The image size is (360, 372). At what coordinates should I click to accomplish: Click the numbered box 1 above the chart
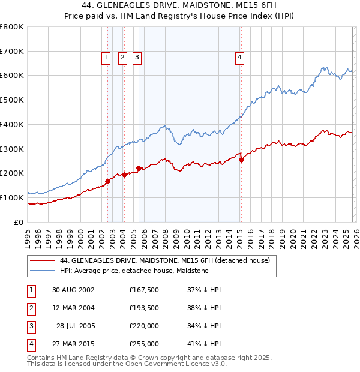click(x=106, y=58)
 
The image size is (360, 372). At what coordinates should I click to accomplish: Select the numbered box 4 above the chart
click(x=239, y=58)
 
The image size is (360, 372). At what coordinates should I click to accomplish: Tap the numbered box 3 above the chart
click(x=137, y=58)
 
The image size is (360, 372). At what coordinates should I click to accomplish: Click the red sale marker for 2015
click(x=241, y=160)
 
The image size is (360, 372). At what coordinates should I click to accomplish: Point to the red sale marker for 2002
click(x=108, y=181)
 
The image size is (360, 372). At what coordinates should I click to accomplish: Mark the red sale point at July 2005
click(x=139, y=168)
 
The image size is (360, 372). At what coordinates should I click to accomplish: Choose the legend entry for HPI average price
click(x=134, y=271)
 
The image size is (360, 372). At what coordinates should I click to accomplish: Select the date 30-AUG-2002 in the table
click(x=73, y=290)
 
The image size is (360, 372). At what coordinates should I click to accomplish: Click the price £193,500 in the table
click(x=144, y=308)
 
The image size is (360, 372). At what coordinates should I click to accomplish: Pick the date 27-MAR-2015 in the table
click(x=73, y=344)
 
